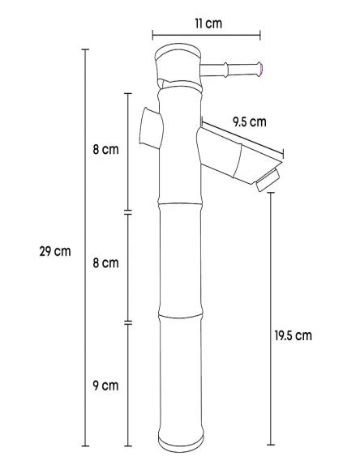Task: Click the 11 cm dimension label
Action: (x=208, y=23)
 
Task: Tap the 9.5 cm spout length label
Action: (x=248, y=122)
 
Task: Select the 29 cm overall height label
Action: (x=55, y=250)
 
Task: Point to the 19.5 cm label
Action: (x=293, y=335)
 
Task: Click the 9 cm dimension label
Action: (x=105, y=385)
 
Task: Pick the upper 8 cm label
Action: (x=105, y=150)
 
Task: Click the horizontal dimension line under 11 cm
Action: (x=206, y=35)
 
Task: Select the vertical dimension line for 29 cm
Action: (x=84, y=247)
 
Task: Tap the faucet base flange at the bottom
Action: (x=179, y=442)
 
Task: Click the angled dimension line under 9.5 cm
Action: (x=243, y=139)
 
